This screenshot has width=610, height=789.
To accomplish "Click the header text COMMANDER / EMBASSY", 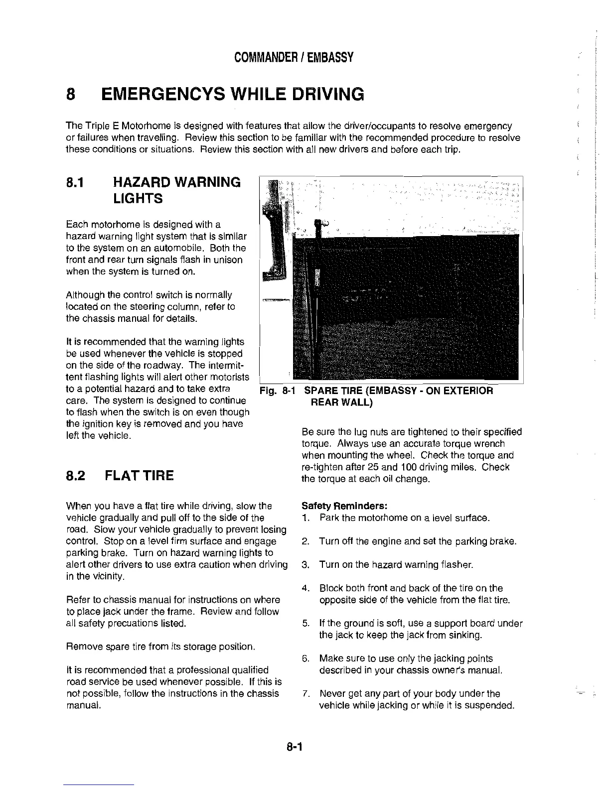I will click(x=294, y=57).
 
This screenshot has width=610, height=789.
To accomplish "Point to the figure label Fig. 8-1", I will click(x=276, y=391).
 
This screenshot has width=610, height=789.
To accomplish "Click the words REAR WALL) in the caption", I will click(x=341, y=402).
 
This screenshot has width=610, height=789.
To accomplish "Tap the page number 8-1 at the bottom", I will click(x=295, y=747).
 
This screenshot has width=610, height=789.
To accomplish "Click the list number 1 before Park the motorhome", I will click(x=305, y=518).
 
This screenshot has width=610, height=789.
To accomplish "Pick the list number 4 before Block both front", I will click(x=305, y=588).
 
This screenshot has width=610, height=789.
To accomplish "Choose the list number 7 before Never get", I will click(x=305, y=694).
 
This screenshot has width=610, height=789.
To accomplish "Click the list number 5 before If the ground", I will click(x=305, y=624).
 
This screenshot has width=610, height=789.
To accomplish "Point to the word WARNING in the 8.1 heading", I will click(x=204, y=182).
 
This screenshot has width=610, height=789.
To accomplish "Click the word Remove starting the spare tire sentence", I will click(x=82, y=647).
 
